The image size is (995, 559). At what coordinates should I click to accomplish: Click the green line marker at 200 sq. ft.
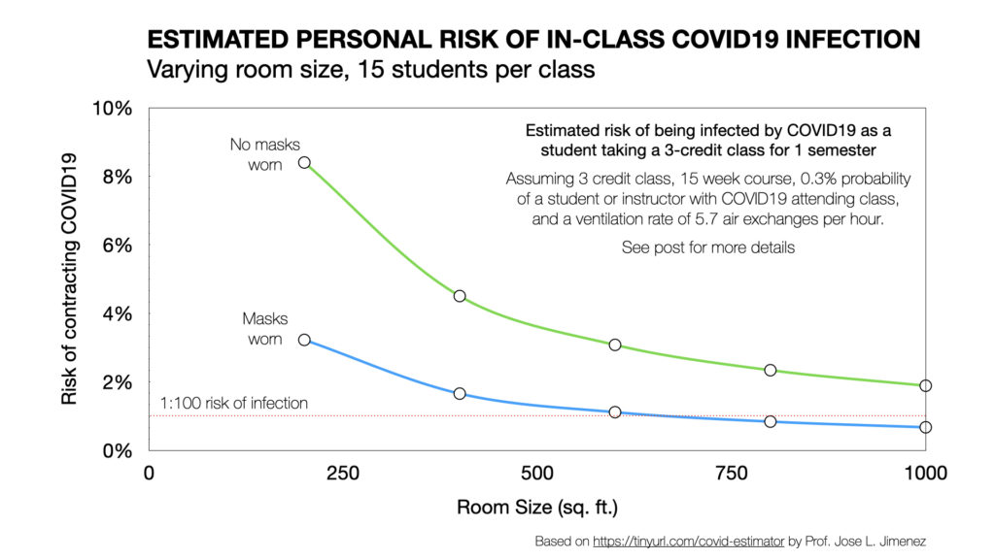[x=304, y=163]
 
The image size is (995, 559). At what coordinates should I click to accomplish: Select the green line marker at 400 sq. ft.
[x=460, y=296]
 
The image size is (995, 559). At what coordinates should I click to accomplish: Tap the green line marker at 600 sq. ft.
[x=615, y=345]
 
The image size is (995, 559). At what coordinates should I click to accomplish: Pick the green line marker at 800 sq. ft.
[x=771, y=370]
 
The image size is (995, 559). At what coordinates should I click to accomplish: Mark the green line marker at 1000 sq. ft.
[x=925, y=385]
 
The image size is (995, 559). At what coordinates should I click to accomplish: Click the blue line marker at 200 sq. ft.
[x=304, y=340]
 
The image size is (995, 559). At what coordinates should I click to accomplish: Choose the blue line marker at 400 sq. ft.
[x=460, y=393]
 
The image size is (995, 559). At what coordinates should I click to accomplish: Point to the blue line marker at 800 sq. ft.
[x=771, y=421]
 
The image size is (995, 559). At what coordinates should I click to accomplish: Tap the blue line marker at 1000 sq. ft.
[x=925, y=427]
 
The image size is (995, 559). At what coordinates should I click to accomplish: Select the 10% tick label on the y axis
[x=112, y=108]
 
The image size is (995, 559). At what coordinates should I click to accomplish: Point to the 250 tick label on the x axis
[x=343, y=473]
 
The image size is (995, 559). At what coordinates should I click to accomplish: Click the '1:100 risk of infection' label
[x=234, y=404]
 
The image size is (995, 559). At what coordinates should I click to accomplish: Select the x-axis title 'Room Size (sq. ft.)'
[x=537, y=508]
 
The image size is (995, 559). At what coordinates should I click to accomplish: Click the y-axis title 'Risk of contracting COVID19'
[x=69, y=279]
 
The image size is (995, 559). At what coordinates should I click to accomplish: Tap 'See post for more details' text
[x=708, y=247]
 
